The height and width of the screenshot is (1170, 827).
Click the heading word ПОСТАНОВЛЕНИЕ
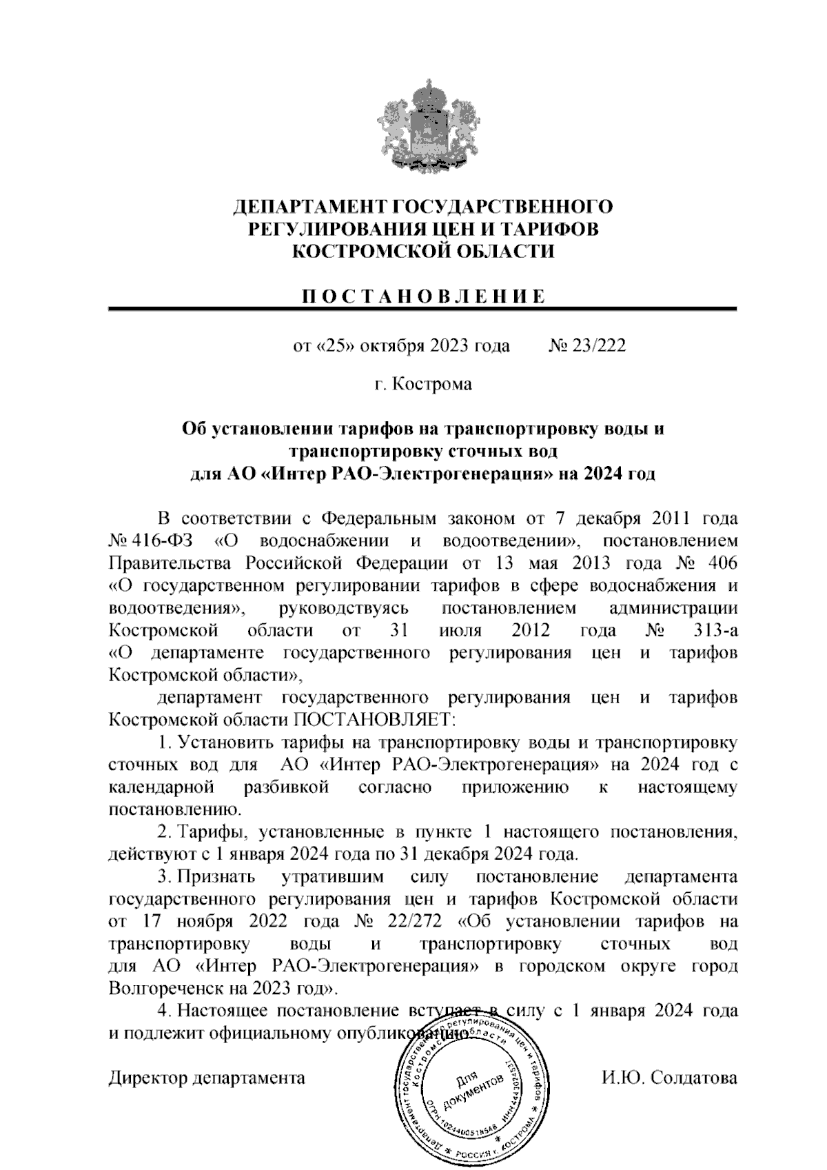[x=422, y=296]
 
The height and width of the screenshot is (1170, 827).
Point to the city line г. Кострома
[x=423, y=383]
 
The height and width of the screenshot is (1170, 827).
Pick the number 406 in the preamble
[x=722, y=563]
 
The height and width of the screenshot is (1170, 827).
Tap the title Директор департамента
[x=207, y=1078]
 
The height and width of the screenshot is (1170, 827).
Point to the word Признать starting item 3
[x=216, y=877]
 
